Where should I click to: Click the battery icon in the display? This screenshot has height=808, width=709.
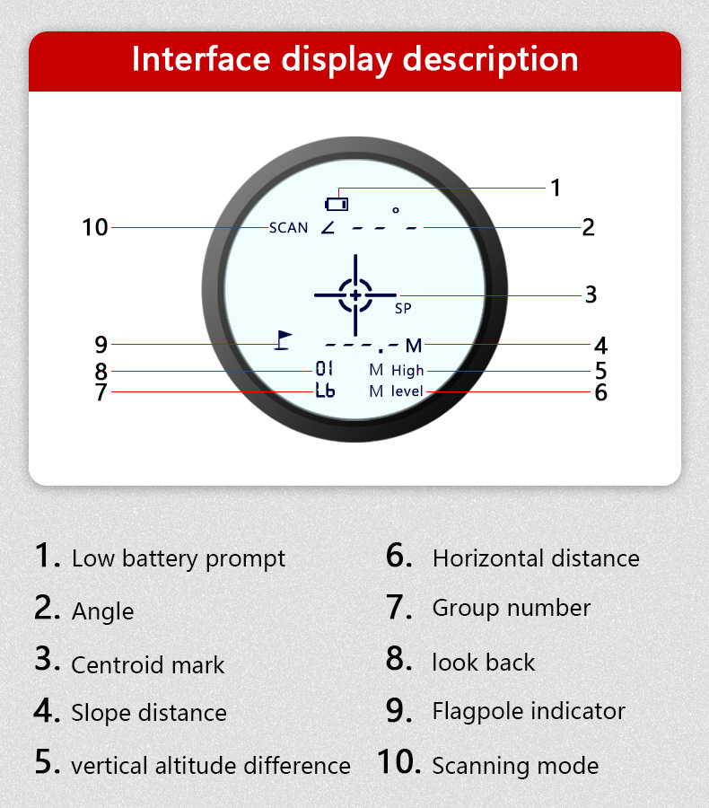click(337, 203)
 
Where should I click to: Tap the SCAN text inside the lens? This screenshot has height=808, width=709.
click(288, 228)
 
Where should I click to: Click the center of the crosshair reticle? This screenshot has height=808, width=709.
click(355, 294)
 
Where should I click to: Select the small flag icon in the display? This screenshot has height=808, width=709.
click(284, 340)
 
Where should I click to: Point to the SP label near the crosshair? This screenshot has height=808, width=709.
click(403, 308)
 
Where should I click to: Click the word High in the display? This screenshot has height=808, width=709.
click(407, 370)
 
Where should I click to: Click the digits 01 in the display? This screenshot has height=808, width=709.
click(324, 369)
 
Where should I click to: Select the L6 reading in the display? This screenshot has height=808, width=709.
click(325, 391)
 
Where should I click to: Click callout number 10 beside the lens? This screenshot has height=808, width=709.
click(94, 228)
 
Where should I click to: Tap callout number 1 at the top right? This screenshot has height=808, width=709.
click(556, 188)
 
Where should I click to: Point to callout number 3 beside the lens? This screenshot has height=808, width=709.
click(591, 294)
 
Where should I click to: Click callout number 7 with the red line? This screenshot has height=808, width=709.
click(101, 392)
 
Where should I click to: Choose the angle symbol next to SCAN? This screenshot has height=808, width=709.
click(328, 227)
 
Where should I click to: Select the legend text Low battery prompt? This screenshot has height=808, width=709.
click(178, 558)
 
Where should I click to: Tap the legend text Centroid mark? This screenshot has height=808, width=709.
click(147, 665)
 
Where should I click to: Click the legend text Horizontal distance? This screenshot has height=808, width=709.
click(536, 558)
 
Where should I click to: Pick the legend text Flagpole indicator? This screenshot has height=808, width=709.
click(529, 711)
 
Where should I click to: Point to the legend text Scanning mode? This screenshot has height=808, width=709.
click(515, 766)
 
